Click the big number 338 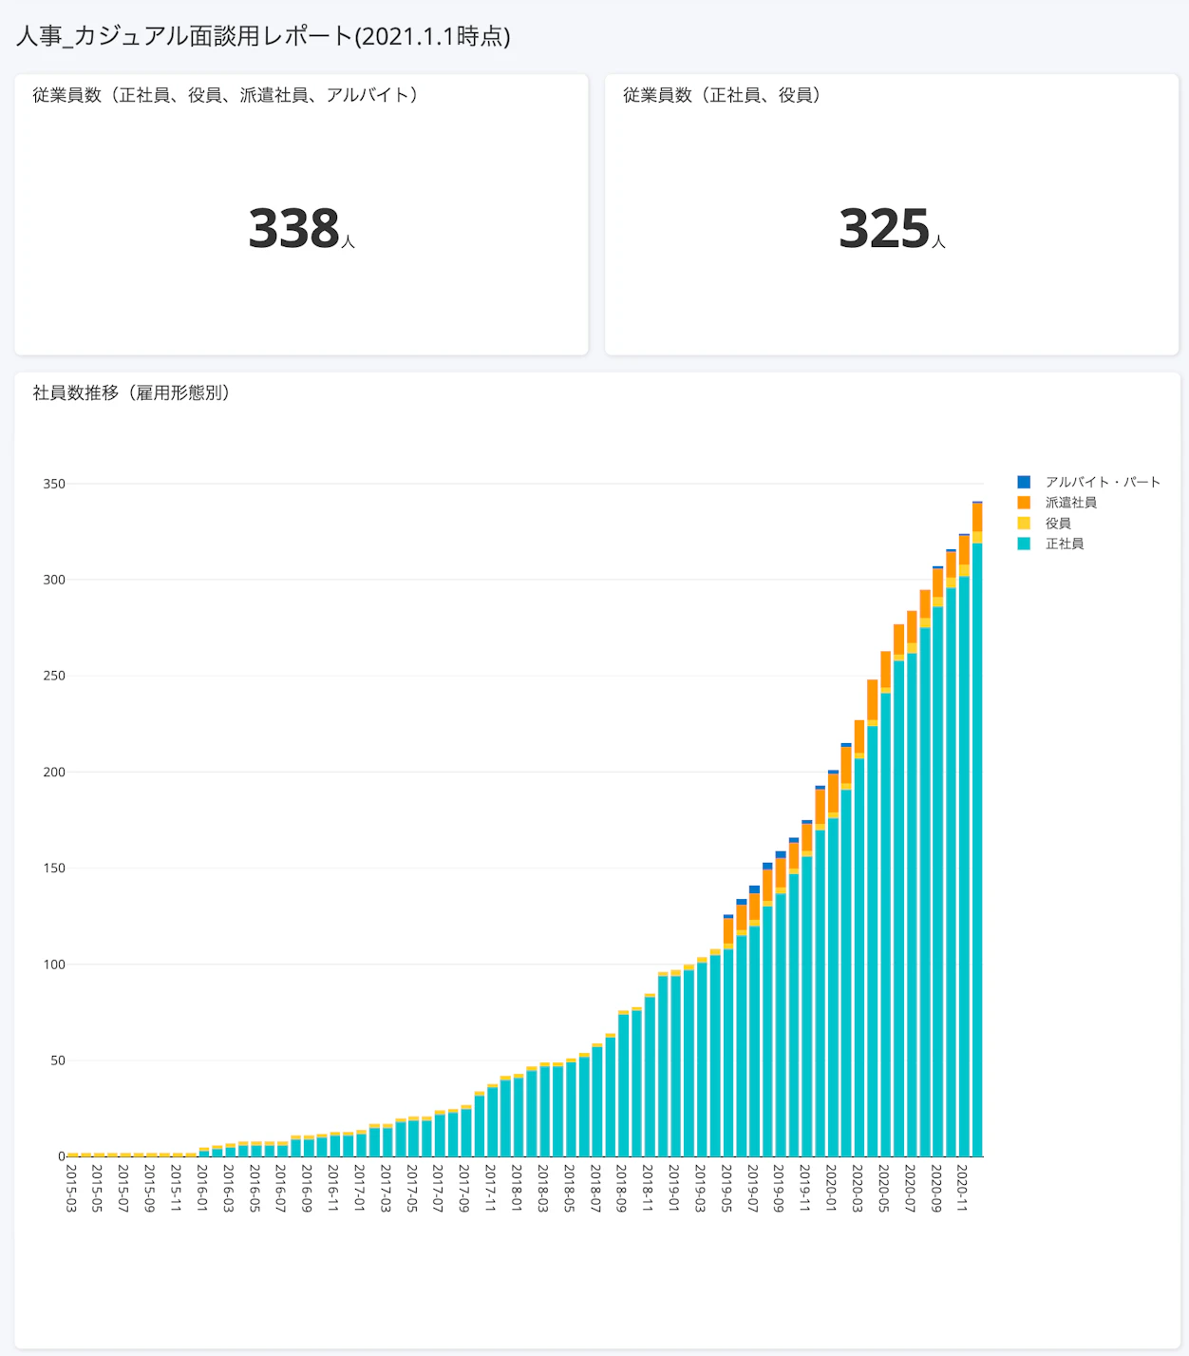pyautogui.click(x=294, y=229)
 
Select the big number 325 pyautogui.click(x=884, y=229)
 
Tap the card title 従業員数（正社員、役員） pyautogui.click(x=722, y=95)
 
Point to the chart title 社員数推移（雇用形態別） pyautogui.click(x=131, y=392)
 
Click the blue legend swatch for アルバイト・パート pyautogui.click(x=1024, y=482)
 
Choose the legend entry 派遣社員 pyautogui.click(x=1070, y=503)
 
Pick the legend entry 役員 pyautogui.click(x=1058, y=524)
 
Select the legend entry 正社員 pyautogui.click(x=1065, y=544)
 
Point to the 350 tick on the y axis pyautogui.click(x=54, y=484)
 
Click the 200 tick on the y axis pyautogui.click(x=54, y=773)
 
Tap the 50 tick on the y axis pyautogui.click(x=58, y=1060)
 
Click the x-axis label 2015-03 pyautogui.click(x=71, y=1188)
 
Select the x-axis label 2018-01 pyautogui.click(x=517, y=1188)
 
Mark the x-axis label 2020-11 pyautogui.click(x=962, y=1188)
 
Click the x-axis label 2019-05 pyautogui.click(x=727, y=1188)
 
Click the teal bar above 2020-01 pyautogui.click(x=833, y=988)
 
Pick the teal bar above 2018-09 pyautogui.click(x=623, y=1086)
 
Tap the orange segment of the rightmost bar pyautogui.click(x=977, y=517)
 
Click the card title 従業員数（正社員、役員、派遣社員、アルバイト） pyautogui.click(x=225, y=95)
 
